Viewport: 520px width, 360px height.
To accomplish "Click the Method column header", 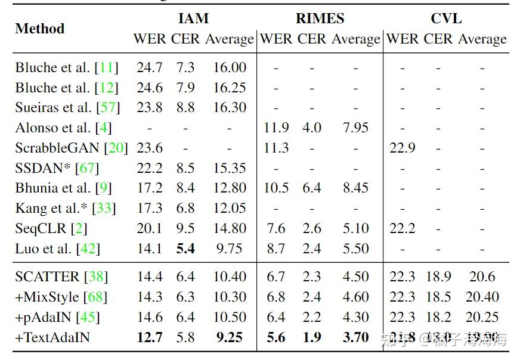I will (39, 29).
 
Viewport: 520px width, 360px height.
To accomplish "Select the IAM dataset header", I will (194, 18).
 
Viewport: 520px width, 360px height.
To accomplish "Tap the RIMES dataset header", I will (320, 18).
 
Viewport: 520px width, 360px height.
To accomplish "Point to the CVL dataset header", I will (446, 18).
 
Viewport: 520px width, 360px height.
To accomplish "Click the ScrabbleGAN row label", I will (72, 148).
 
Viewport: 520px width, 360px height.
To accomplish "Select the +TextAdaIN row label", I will (53, 337).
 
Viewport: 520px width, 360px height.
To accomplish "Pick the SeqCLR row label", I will (51, 228).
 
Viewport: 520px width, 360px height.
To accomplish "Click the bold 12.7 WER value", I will (149, 337).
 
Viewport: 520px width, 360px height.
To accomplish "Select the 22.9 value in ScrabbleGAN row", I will (402, 148).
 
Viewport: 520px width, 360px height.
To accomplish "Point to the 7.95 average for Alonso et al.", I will (355, 128).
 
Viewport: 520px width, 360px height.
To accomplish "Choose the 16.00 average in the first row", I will (230, 68).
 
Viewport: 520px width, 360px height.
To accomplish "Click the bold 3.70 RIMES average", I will (356, 337).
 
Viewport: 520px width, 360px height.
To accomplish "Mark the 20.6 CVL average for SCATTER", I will (482, 277).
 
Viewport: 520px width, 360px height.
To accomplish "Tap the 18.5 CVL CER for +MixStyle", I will (439, 297).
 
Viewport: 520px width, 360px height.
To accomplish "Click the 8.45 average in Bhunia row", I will (355, 188).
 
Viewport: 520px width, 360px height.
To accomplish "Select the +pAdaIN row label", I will (57, 317).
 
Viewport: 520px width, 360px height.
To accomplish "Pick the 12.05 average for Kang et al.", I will (230, 209).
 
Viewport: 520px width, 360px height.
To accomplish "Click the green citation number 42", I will (88, 249).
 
